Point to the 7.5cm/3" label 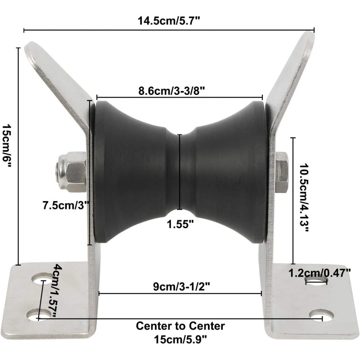(66, 206)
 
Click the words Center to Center (180, 325)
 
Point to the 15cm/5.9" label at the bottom (180, 338)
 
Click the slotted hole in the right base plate (316, 282)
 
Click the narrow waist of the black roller (180, 171)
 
